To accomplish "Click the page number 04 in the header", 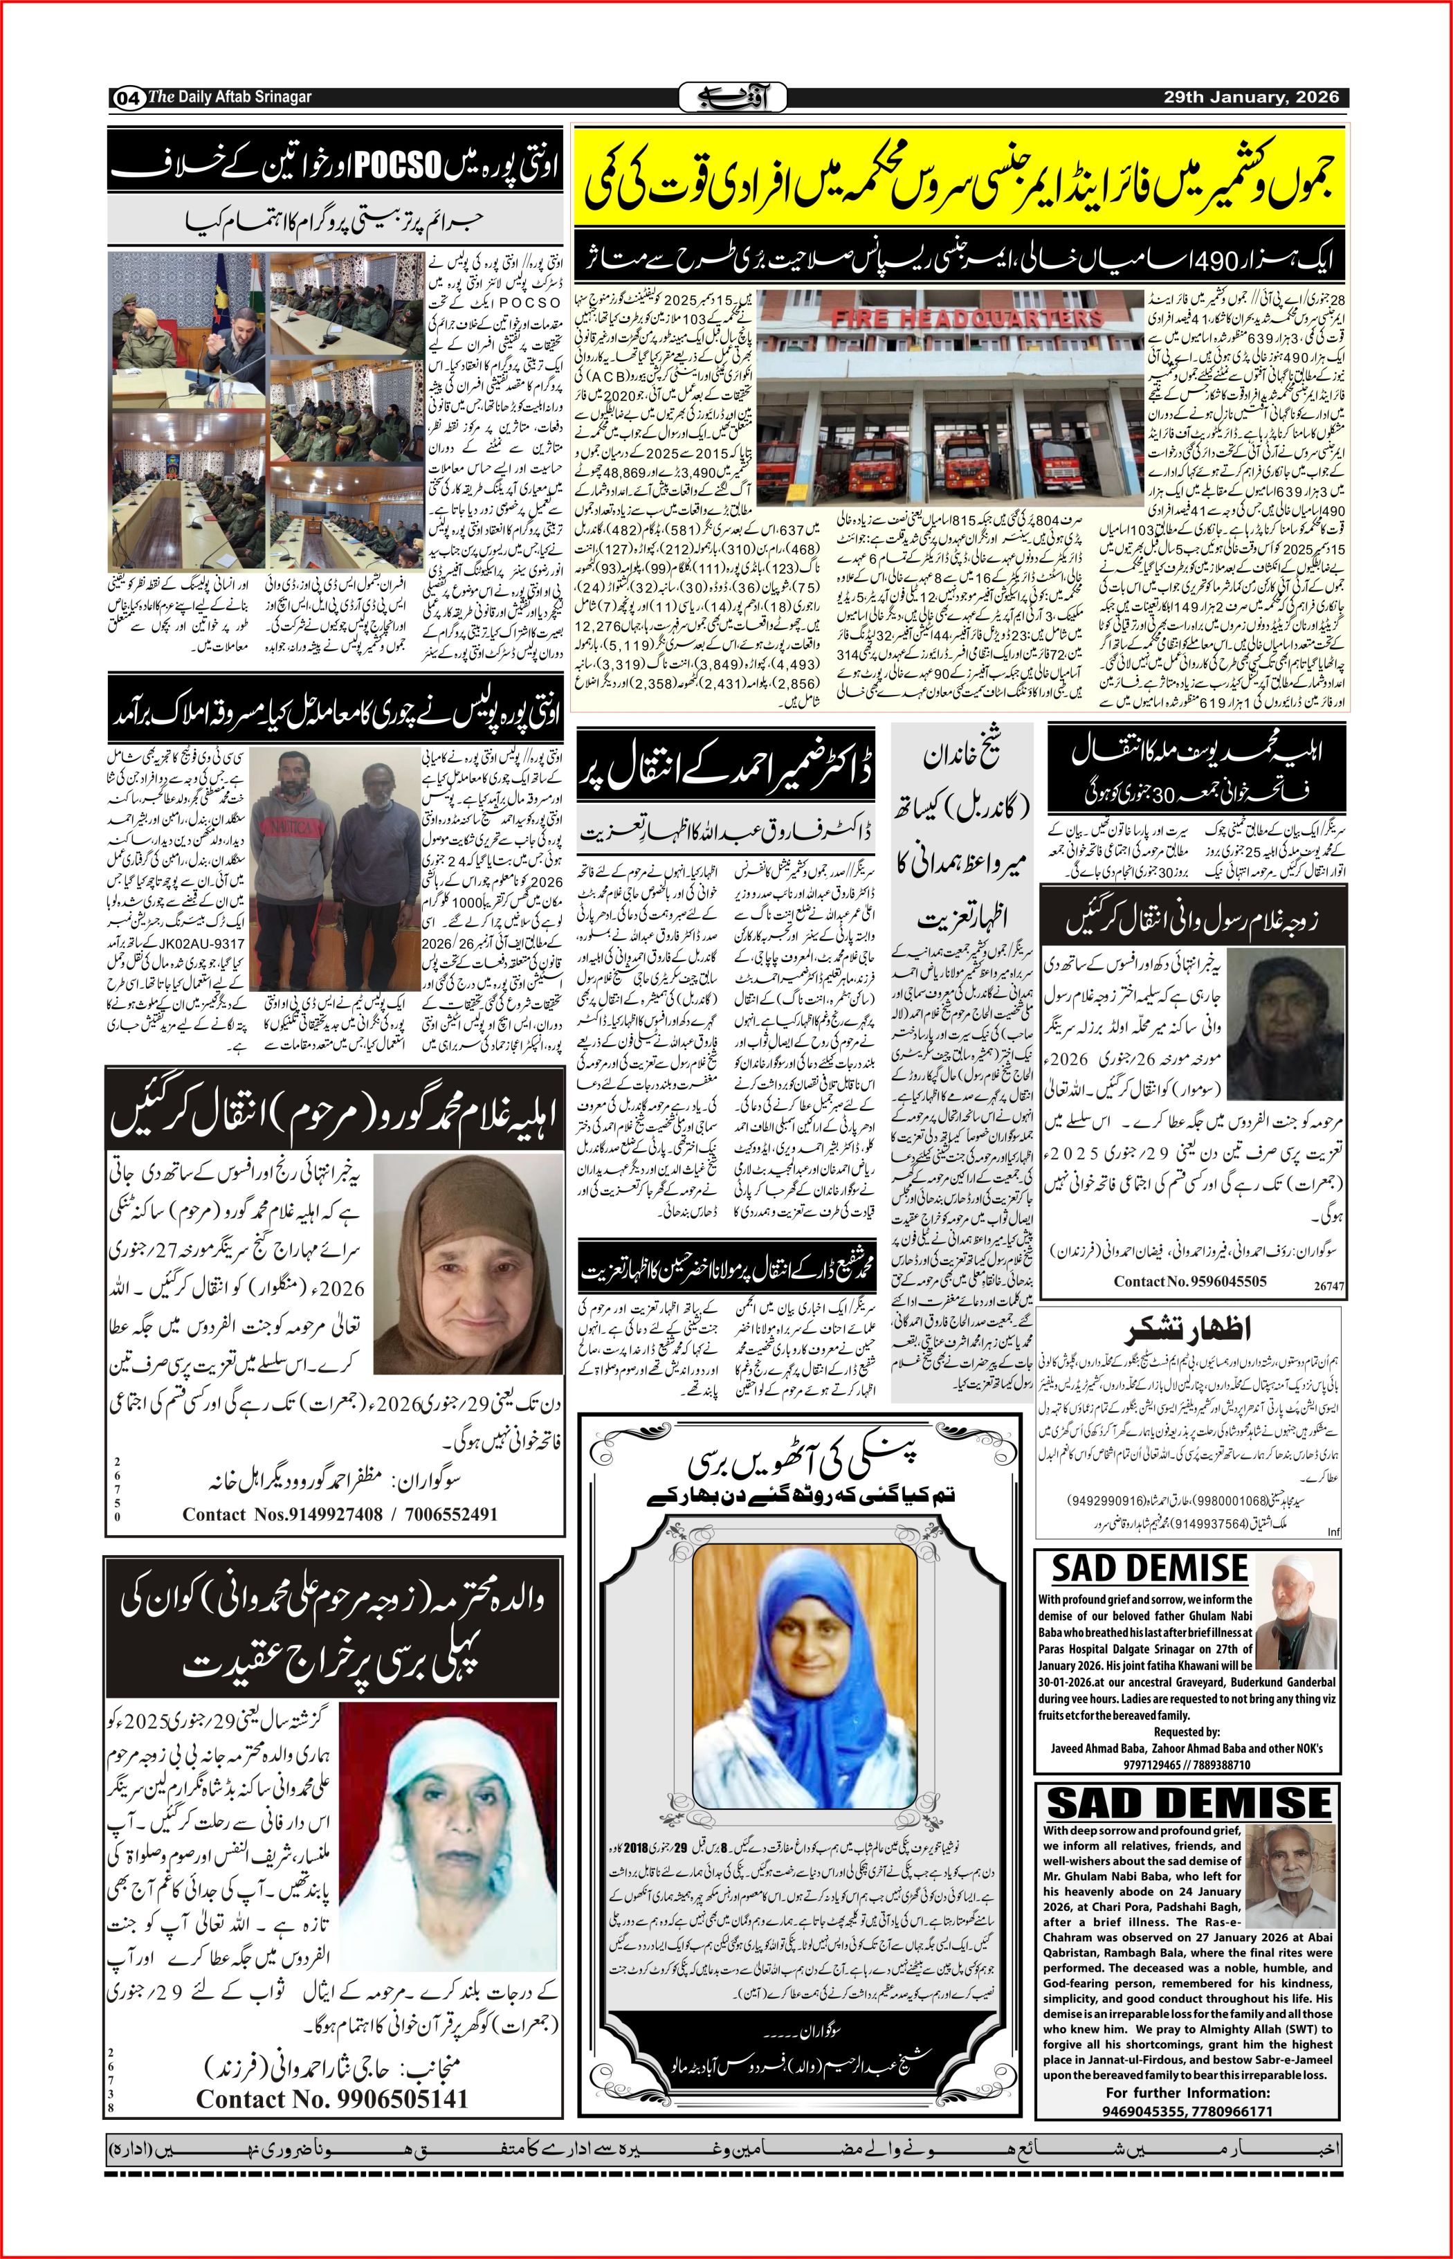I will [x=128, y=97].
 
